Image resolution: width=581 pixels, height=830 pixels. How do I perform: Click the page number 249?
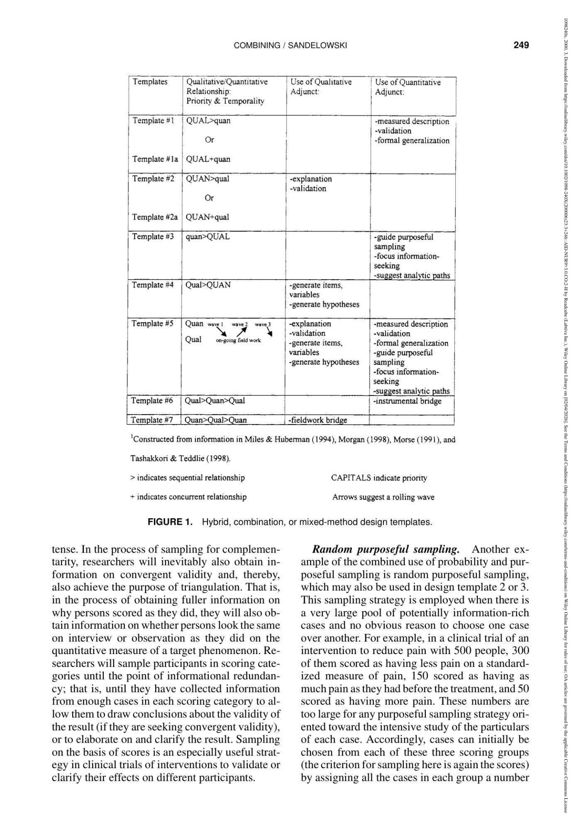point(521,45)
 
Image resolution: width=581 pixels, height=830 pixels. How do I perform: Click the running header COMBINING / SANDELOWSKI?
point(290,45)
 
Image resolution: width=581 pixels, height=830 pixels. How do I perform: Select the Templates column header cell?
point(150,82)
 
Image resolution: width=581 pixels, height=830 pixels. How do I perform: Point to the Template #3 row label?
point(153,236)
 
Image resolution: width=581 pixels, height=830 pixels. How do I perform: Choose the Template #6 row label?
point(152,401)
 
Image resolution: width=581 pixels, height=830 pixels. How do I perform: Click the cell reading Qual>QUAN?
point(208,285)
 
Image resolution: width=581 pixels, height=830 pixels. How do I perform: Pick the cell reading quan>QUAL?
point(207,236)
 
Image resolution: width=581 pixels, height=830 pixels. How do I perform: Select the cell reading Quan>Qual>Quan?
point(216,420)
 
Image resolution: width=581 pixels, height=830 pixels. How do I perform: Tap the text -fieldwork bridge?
point(318,420)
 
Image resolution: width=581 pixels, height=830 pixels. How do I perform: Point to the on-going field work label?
point(238,341)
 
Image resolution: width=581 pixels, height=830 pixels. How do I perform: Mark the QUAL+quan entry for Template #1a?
point(208,159)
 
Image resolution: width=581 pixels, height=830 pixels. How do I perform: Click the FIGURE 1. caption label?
point(170,522)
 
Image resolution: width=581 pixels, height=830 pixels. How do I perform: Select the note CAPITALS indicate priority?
point(379,478)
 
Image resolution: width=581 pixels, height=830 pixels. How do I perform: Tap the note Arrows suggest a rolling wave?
point(383,497)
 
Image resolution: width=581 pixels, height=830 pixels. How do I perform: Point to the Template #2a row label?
point(155,217)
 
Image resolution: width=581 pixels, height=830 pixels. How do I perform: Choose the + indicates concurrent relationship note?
point(188,497)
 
